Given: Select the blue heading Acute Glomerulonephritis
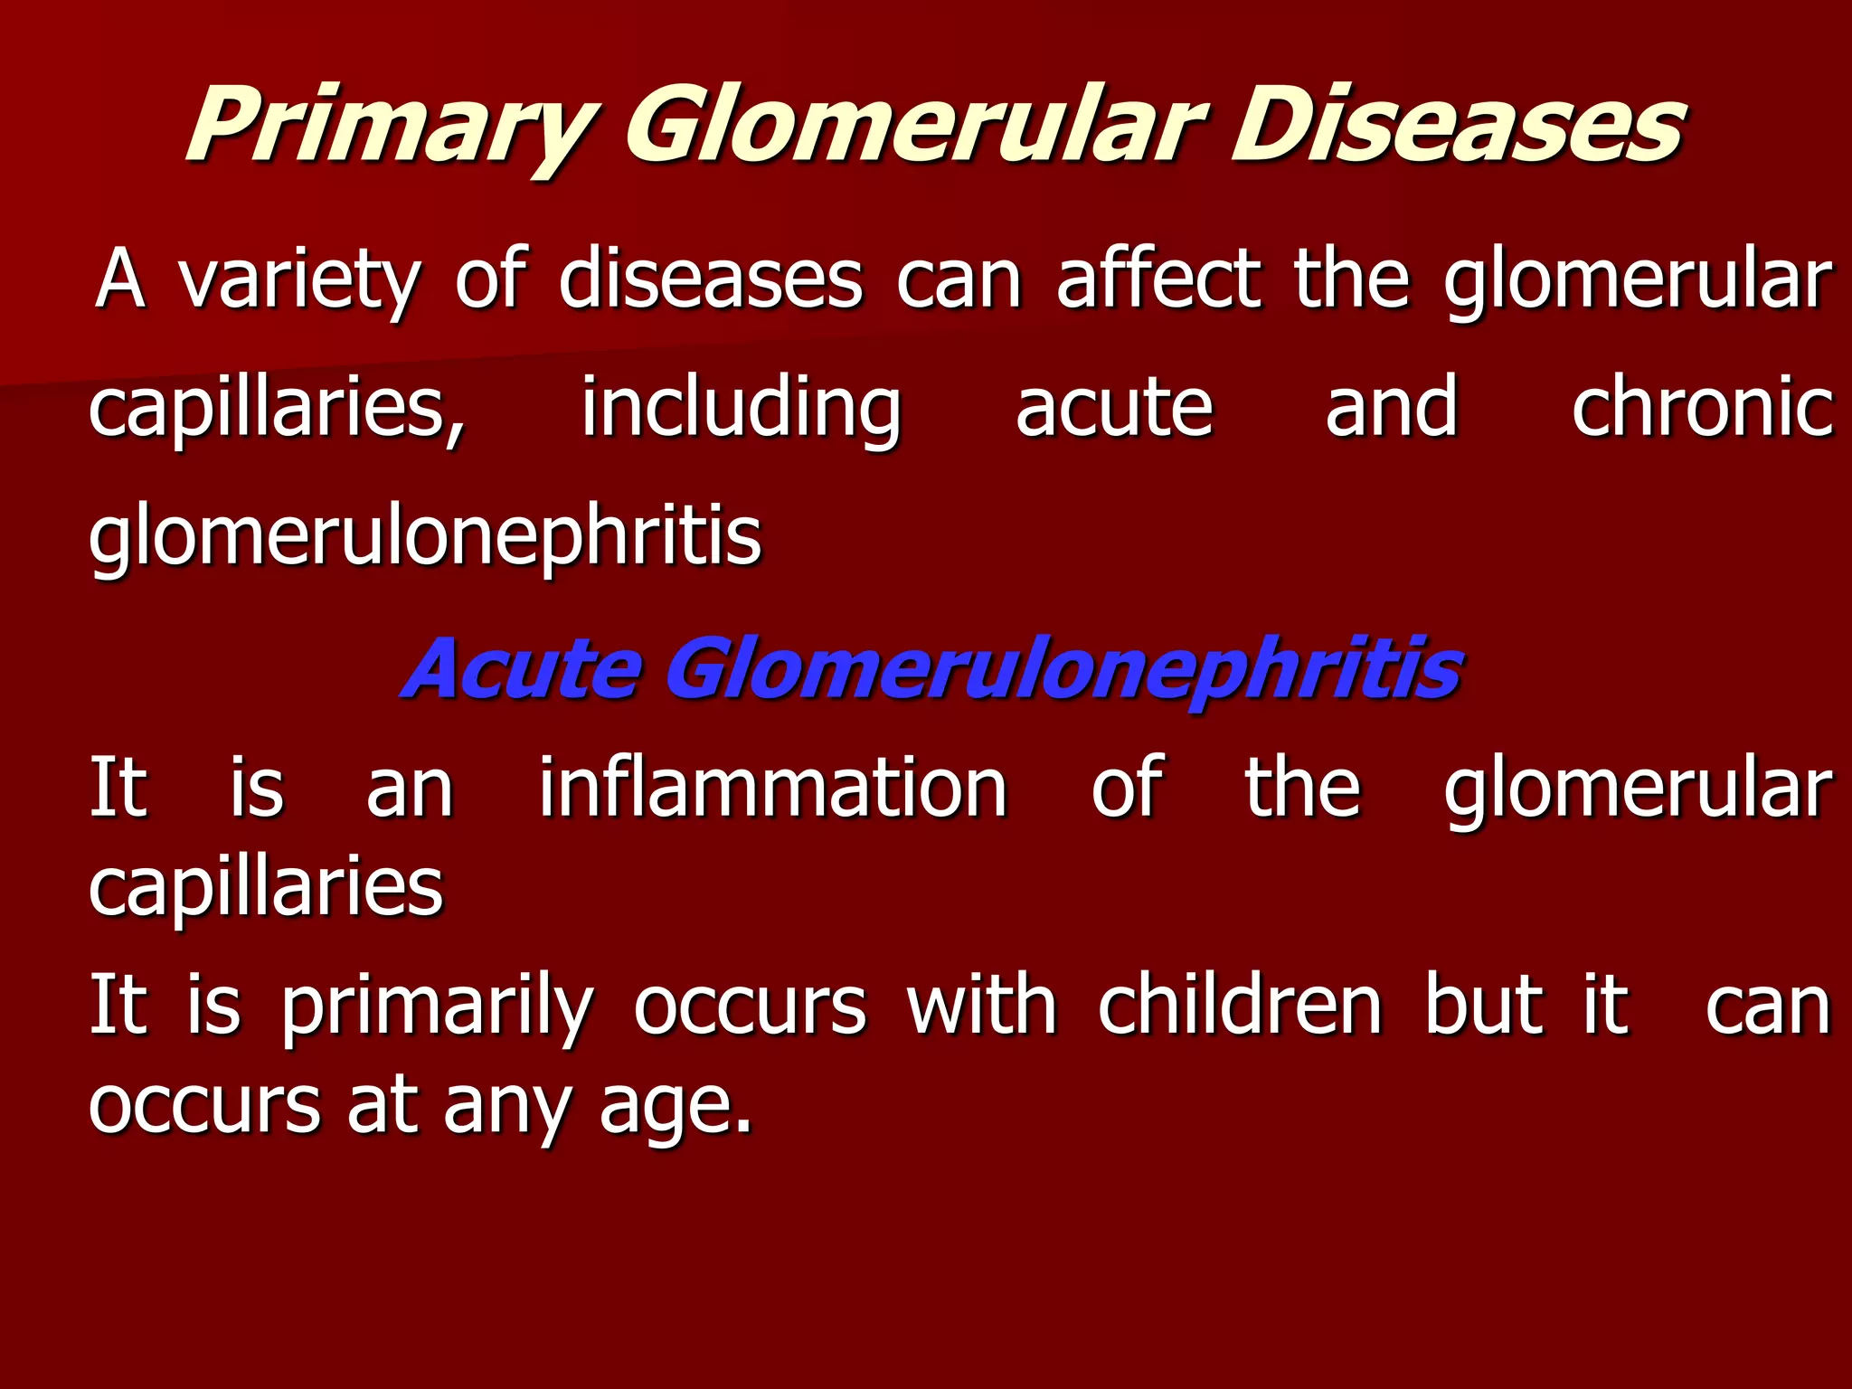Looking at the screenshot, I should coord(931,669).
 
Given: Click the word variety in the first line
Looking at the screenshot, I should coord(298,280).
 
